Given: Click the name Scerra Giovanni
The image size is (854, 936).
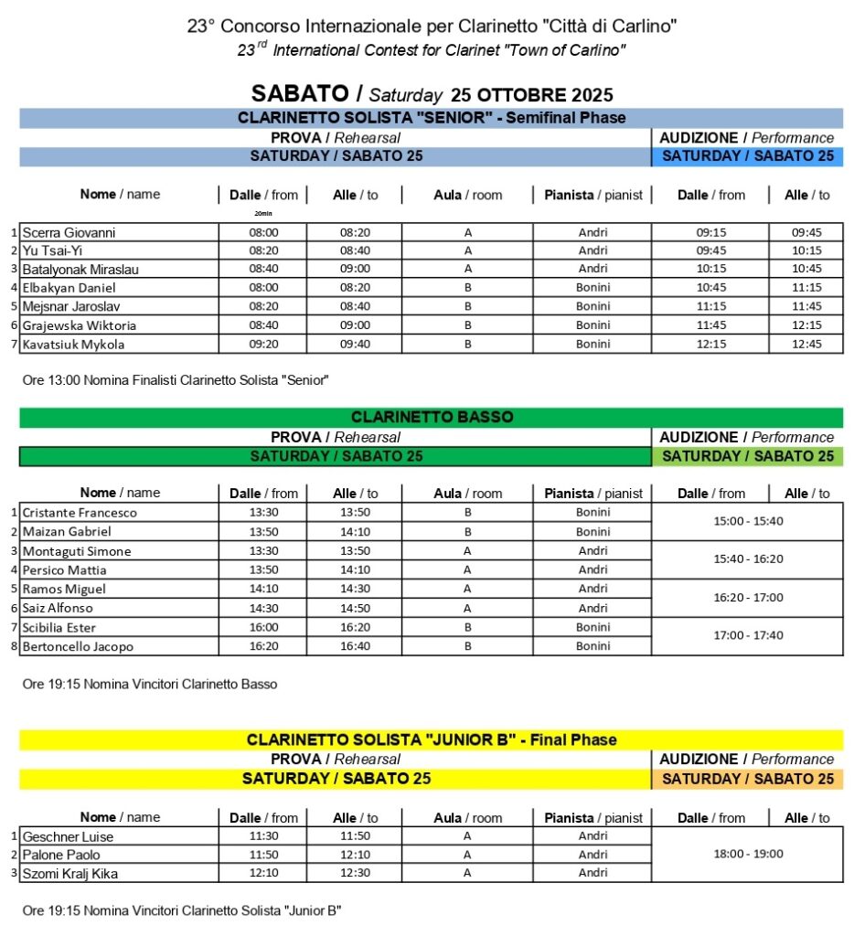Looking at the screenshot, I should click(x=69, y=232).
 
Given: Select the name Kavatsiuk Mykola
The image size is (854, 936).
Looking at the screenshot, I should click(x=73, y=345).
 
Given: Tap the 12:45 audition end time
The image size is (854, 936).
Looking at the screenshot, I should click(x=806, y=345).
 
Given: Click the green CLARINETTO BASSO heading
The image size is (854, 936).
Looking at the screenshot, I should click(x=432, y=417).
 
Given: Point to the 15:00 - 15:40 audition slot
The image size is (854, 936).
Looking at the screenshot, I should click(x=747, y=521).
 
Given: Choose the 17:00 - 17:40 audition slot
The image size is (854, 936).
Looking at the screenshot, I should click(x=747, y=635).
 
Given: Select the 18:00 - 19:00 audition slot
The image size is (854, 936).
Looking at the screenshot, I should click(x=747, y=854).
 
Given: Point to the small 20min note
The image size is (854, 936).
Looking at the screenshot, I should click(x=263, y=213).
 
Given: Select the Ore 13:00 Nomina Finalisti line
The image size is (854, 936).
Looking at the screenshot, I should click(x=174, y=379).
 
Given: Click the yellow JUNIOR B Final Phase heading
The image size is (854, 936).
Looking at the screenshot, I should click(x=432, y=739).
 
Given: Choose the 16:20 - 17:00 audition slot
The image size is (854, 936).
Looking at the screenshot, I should click(x=747, y=597).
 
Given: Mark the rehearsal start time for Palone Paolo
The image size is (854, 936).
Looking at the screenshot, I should click(x=263, y=855).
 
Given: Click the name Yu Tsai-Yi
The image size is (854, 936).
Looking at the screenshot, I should click(x=54, y=250).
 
